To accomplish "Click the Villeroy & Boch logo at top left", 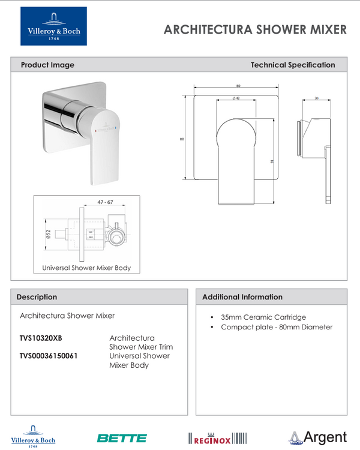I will point(53,26).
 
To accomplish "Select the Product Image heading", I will point(47,65).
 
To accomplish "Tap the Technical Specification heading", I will point(293,65).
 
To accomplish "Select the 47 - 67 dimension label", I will point(105,203).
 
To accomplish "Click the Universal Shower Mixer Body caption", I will point(86,268).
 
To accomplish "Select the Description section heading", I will point(37,297).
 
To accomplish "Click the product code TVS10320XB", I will point(41,338).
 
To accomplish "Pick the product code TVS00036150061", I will point(49,356).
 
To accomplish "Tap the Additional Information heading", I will point(242,297).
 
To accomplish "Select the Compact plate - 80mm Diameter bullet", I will point(276,327).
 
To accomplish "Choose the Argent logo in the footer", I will point(317,437).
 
